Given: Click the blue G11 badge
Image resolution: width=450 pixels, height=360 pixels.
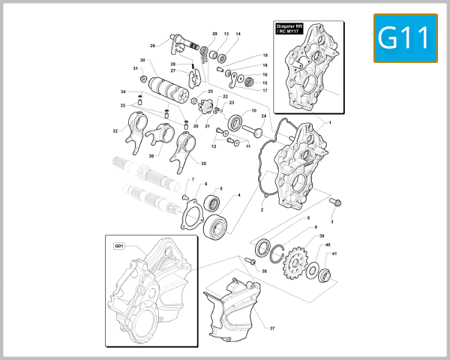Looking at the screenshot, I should (405, 37).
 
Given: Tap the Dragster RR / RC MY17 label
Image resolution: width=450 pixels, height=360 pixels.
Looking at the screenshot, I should (288, 29).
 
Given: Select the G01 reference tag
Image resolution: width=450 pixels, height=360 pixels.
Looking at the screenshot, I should (119, 245).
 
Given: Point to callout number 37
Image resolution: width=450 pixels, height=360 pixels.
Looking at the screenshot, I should (272, 328).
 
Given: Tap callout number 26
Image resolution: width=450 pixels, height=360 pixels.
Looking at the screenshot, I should (152, 46).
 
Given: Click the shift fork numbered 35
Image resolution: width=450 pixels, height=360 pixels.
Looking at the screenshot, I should (184, 154).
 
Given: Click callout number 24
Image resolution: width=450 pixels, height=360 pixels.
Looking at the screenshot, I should (263, 116).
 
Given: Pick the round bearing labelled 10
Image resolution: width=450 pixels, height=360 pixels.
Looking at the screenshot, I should (236, 121).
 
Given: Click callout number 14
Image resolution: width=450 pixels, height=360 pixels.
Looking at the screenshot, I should (238, 34).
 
